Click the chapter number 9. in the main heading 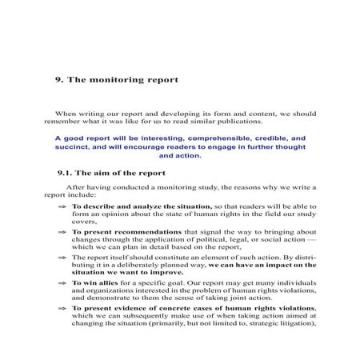click(x=58, y=80)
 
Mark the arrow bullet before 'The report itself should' click(x=62, y=258)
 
